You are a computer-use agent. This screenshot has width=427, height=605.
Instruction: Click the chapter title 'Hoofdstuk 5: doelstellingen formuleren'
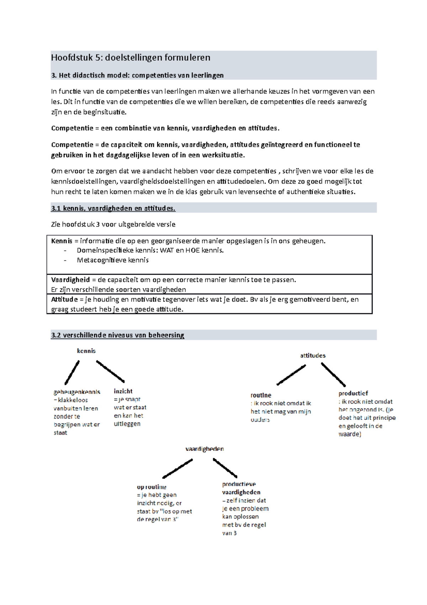pyautogui.click(x=131, y=58)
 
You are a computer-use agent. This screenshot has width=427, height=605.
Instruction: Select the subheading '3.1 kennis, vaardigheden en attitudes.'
pyautogui.click(x=113, y=208)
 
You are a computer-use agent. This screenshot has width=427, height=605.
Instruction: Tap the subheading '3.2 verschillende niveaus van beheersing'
pyautogui.click(x=117, y=335)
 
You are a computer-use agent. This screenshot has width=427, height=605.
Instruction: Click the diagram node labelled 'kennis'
pyautogui.click(x=86, y=351)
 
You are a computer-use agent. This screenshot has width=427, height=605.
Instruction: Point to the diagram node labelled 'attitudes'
pyautogui.click(x=312, y=356)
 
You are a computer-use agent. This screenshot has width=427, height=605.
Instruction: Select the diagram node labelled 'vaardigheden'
pyautogui.click(x=204, y=449)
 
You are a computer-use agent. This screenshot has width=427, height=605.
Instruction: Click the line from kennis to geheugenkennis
pyautogui.click(x=72, y=373)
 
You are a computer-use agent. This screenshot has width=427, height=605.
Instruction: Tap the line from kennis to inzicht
pyautogui.click(x=110, y=372)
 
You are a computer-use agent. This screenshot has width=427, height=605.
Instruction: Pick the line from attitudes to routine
pyautogui.click(x=291, y=375)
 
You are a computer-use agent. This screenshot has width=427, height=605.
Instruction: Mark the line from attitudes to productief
pyautogui.click(x=333, y=374)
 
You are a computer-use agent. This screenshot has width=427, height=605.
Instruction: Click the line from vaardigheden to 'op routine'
pyautogui.click(x=178, y=469)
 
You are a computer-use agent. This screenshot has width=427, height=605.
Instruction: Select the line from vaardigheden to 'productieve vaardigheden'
pyautogui.click(x=225, y=468)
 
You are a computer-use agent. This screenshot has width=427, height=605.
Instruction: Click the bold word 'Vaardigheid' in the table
pyautogui.click(x=70, y=280)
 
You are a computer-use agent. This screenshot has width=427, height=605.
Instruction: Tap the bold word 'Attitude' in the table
pyautogui.click(x=64, y=300)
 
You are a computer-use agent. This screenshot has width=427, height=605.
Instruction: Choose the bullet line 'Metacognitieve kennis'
pyautogui.click(x=112, y=260)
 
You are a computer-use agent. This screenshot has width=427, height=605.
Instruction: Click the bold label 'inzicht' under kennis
pyautogui.click(x=123, y=391)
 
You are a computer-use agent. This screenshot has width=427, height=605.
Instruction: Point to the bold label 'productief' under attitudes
pyautogui.click(x=353, y=393)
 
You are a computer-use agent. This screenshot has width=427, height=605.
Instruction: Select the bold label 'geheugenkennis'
pyautogui.click(x=77, y=392)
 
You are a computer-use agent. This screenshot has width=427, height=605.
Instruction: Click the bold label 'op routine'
pyautogui.click(x=152, y=487)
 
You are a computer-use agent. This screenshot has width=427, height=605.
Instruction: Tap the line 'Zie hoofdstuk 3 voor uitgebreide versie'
pyautogui.click(x=113, y=224)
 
